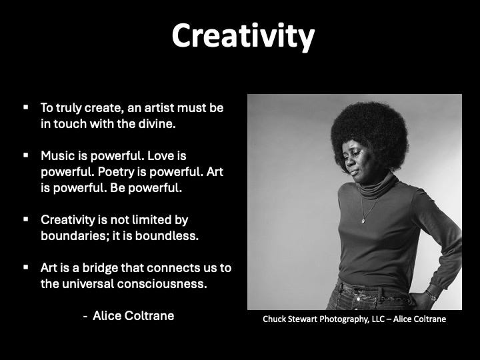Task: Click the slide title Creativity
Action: click(243, 37)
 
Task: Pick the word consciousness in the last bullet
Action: click(162, 284)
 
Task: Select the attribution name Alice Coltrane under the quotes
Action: click(133, 315)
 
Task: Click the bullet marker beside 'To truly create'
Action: click(26, 107)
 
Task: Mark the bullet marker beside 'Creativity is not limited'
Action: click(26, 219)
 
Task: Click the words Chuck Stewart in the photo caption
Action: click(290, 319)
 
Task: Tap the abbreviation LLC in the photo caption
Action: click(378, 319)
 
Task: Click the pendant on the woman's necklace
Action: click(363, 221)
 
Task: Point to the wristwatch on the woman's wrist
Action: click(432, 296)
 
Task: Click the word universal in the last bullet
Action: click(88, 284)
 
